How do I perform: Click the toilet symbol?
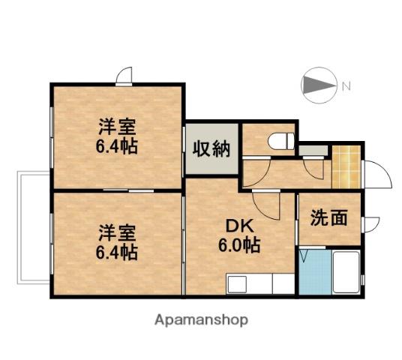[x=281, y=141]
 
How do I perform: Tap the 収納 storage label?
[x=211, y=148]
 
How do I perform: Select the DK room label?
[x=239, y=226]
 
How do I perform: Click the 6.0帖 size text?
[x=239, y=245]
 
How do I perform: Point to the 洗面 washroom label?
[x=329, y=217]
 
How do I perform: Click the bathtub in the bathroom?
[x=346, y=272]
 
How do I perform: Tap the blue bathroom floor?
[x=315, y=272]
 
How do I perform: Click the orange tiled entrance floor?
[x=346, y=167]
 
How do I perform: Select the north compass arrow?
[x=319, y=85]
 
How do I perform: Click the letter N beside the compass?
[x=346, y=85]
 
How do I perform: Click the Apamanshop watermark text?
[x=201, y=320]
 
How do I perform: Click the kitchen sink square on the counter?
[x=238, y=284]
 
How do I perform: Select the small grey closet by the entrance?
[x=313, y=150]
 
